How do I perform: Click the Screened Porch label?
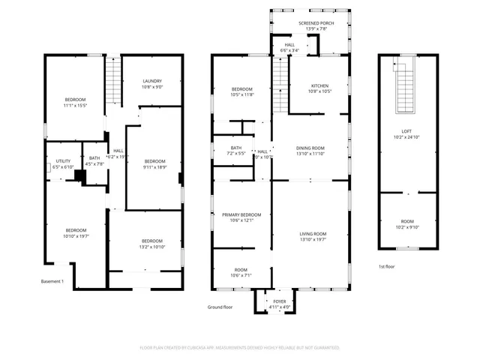click(316, 24)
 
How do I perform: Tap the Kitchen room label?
click(319, 85)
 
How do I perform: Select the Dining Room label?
click(310, 148)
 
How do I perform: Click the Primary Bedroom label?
click(241, 214)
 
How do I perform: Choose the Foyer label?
click(279, 301)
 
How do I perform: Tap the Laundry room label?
click(152, 81)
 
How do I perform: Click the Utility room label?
click(64, 161)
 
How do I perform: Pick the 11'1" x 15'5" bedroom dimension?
click(75, 106)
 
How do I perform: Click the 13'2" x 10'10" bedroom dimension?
click(151, 247)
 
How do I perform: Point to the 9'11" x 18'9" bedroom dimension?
click(154, 167)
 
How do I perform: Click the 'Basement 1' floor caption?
click(52, 282)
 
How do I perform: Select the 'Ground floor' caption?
click(220, 307)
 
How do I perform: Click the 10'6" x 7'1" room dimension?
click(241, 275)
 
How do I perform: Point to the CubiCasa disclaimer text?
click(240, 348)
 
